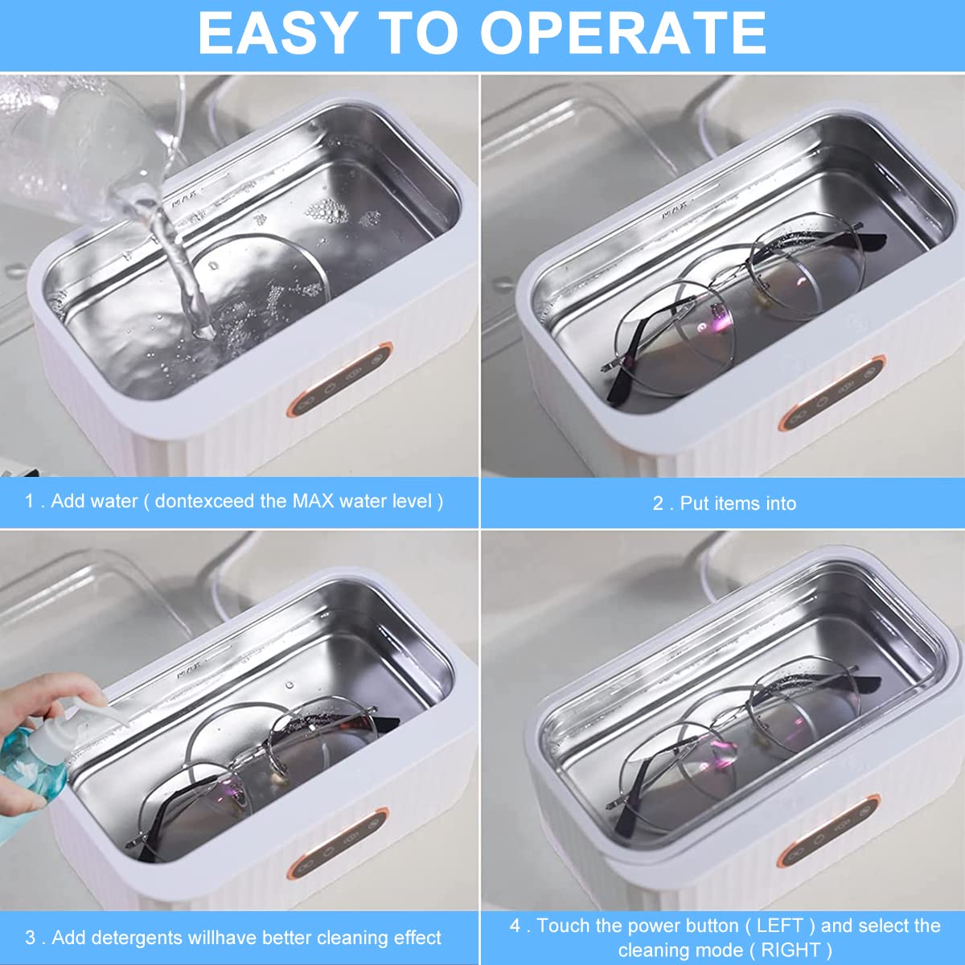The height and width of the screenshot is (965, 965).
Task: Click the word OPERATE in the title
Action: point(624,33)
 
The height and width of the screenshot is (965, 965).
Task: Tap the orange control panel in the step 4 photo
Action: point(828,832)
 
